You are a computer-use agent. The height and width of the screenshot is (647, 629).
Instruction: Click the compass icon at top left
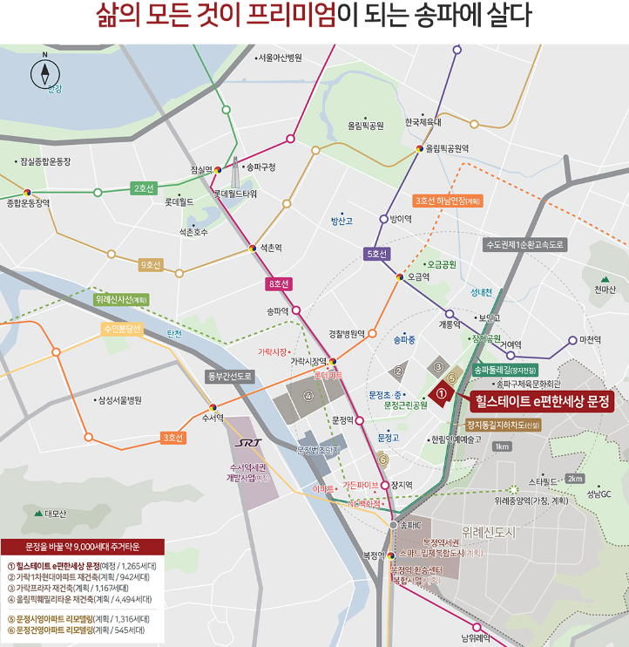coord(44,74)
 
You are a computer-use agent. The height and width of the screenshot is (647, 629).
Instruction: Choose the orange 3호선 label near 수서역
coord(172,437)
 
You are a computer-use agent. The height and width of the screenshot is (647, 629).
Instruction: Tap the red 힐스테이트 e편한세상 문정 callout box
coord(539,402)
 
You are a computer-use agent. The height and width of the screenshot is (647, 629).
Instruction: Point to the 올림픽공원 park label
coord(365,126)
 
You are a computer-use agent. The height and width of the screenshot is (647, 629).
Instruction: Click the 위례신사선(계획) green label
coord(122,299)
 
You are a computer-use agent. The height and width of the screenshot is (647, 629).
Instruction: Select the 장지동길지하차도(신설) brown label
coord(504,425)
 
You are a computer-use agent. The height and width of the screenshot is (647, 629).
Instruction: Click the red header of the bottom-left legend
coord(83,547)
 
